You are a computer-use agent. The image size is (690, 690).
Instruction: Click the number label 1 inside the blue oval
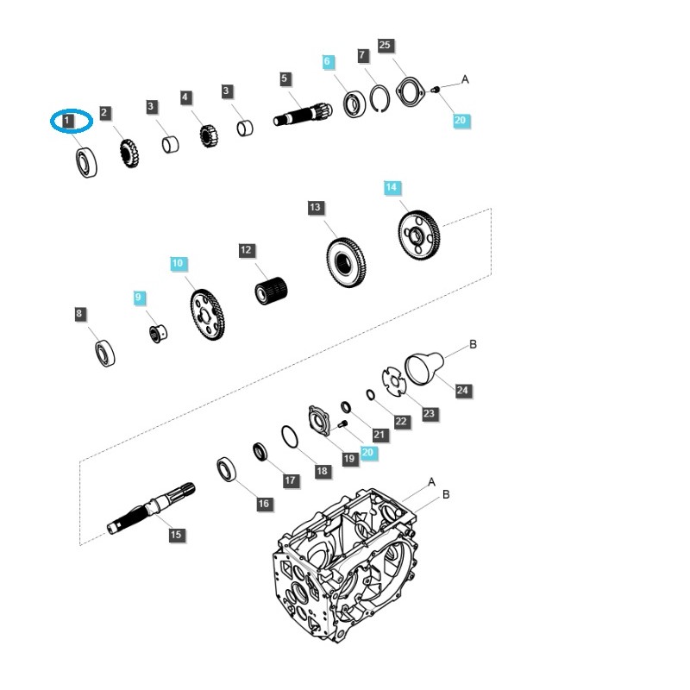pyautogui.click(x=68, y=122)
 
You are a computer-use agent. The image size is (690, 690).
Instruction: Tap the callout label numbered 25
pyautogui.click(x=385, y=45)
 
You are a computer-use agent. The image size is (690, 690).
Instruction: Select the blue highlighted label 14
pyautogui.click(x=392, y=188)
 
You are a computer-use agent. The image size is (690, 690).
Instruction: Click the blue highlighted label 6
pyautogui.click(x=327, y=62)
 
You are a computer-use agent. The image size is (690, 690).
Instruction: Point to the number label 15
pyautogui.click(x=176, y=535)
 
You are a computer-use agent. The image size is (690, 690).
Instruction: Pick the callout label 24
pyautogui.click(x=462, y=391)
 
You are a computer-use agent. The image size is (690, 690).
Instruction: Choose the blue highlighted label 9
pyautogui.click(x=140, y=298)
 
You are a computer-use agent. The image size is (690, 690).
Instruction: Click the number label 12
pyautogui.click(x=247, y=250)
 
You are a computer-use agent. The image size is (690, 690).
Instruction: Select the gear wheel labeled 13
pyautogui.click(x=348, y=260)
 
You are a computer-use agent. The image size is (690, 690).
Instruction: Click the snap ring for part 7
pyautogui.click(x=381, y=100)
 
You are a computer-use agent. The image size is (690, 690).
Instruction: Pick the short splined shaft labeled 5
pyautogui.click(x=303, y=113)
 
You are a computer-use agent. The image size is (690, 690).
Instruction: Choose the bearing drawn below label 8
pyautogui.click(x=105, y=353)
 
